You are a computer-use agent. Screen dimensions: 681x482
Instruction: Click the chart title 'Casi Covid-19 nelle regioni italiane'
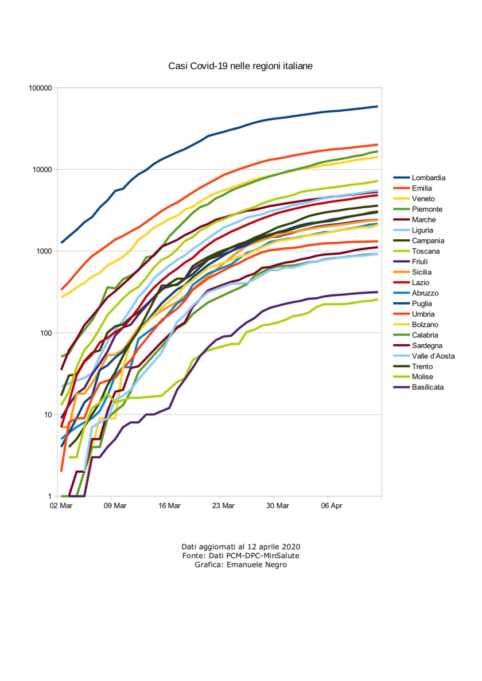[240, 67]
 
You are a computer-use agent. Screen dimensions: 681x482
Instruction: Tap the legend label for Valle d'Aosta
[433, 356]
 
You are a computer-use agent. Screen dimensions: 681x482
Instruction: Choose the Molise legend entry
[422, 377]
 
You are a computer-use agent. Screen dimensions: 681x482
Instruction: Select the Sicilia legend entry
[422, 272]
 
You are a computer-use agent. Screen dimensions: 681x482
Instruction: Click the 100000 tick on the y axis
[40, 88]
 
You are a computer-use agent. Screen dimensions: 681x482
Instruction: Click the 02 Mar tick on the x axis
[61, 505]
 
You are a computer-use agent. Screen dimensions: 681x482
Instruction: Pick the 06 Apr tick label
[328, 505]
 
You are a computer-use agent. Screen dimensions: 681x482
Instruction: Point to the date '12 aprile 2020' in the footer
[275, 546]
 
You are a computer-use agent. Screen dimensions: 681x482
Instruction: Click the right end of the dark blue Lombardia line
[377, 106]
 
